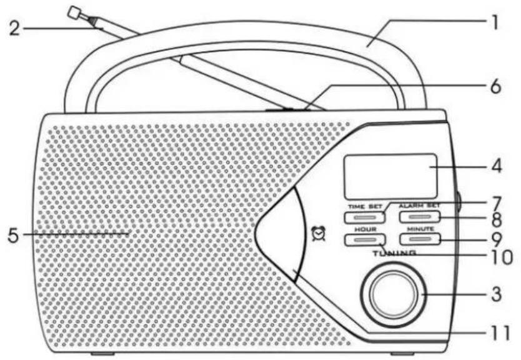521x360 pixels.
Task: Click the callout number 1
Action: click(x=495, y=22)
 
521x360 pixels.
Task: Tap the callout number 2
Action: click(x=14, y=29)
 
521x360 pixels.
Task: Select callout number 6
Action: click(x=495, y=87)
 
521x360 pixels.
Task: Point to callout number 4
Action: click(x=497, y=166)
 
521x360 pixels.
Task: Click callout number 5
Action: click(x=13, y=236)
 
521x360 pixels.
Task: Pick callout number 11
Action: click(x=500, y=332)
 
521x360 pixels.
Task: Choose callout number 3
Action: click(x=497, y=294)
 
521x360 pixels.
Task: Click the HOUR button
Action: click(x=365, y=239)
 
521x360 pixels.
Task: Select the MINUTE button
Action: click(x=420, y=239)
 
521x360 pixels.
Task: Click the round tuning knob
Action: click(x=394, y=294)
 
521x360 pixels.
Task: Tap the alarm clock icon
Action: click(x=319, y=234)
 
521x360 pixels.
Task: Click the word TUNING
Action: click(x=394, y=253)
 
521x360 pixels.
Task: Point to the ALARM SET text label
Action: click(x=420, y=206)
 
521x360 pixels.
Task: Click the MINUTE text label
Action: click(x=420, y=229)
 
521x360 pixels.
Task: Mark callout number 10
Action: click(x=502, y=257)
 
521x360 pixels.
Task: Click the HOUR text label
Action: click(x=365, y=229)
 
